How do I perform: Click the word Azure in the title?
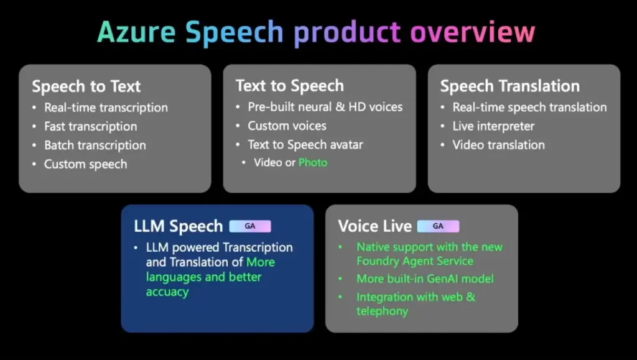[x=136, y=32]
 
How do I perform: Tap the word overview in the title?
[x=473, y=32]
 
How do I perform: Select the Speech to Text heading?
[x=86, y=86]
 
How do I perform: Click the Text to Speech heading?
[x=290, y=86]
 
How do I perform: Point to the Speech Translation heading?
[x=510, y=86]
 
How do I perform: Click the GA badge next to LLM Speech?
[x=250, y=226]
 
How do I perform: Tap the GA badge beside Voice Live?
[x=438, y=226]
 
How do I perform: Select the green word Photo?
[x=313, y=162]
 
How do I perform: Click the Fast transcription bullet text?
[x=91, y=126]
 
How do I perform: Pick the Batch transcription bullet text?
[x=95, y=145]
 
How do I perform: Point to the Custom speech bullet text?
[x=86, y=164]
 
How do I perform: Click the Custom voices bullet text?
[x=287, y=126]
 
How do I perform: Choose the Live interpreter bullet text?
[x=493, y=126]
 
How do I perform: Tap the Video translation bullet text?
[x=498, y=145]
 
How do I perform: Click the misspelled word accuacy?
[x=167, y=292]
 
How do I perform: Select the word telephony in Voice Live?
[x=383, y=312]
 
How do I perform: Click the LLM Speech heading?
[x=179, y=226]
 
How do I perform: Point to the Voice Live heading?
[x=374, y=226]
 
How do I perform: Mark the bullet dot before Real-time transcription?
[x=34, y=108]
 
